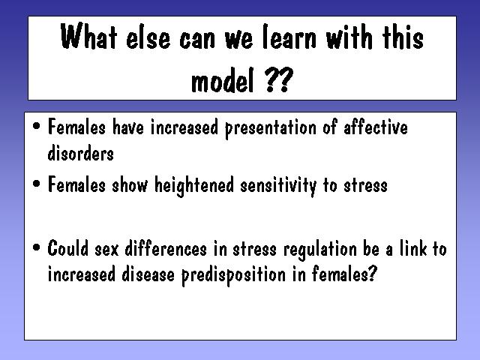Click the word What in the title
click(x=88, y=36)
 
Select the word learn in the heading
click(x=289, y=37)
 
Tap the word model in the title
click(x=223, y=79)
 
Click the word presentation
click(x=271, y=128)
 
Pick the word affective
click(x=376, y=126)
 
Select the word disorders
click(x=80, y=152)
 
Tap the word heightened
click(x=194, y=186)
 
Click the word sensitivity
click(x=278, y=186)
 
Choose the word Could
click(x=68, y=247)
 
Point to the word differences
click(x=166, y=247)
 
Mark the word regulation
click(x=320, y=249)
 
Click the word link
click(x=413, y=247)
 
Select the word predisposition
click(x=233, y=275)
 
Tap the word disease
click(x=148, y=274)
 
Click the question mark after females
click(x=372, y=273)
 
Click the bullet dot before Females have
click(x=37, y=126)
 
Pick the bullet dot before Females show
click(x=37, y=184)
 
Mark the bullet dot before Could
click(x=37, y=247)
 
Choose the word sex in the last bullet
click(x=106, y=250)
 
